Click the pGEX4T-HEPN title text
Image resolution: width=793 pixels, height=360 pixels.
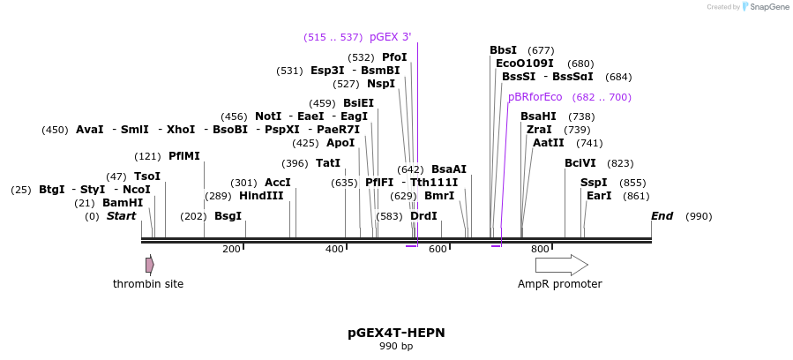(x=396, y=333)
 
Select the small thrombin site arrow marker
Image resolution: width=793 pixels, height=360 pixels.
(x=150, y=265)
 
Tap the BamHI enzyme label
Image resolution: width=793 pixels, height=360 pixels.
(x=122, y=203)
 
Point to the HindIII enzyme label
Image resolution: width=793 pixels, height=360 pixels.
(x=261, y=196)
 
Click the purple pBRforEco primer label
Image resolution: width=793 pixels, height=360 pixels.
(x=535, y=97)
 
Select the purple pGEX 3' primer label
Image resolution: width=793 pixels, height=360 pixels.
(x=390, y=37)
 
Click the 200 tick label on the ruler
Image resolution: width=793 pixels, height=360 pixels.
(x=231, y=250)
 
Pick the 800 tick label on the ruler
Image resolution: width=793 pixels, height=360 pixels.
(x=540, y=250)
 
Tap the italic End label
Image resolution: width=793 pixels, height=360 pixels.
(x=662, y=216)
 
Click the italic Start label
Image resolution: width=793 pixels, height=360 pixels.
(x=121, y=216)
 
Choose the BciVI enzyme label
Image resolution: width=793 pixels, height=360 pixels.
(x=580, y=163)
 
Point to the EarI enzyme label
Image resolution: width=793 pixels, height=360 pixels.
(x=599, y=196)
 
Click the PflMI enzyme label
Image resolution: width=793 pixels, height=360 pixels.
(x=183, y=156)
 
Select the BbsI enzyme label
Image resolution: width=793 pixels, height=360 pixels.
(x=503, y=50)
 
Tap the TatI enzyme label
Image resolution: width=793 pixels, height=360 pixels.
(x=328, y=163)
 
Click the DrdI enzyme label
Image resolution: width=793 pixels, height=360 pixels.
(x=423, y=216)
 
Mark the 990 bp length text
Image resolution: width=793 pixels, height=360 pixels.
(x=396, y=347)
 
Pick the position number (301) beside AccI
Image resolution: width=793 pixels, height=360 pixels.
(x=243, y=183)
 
